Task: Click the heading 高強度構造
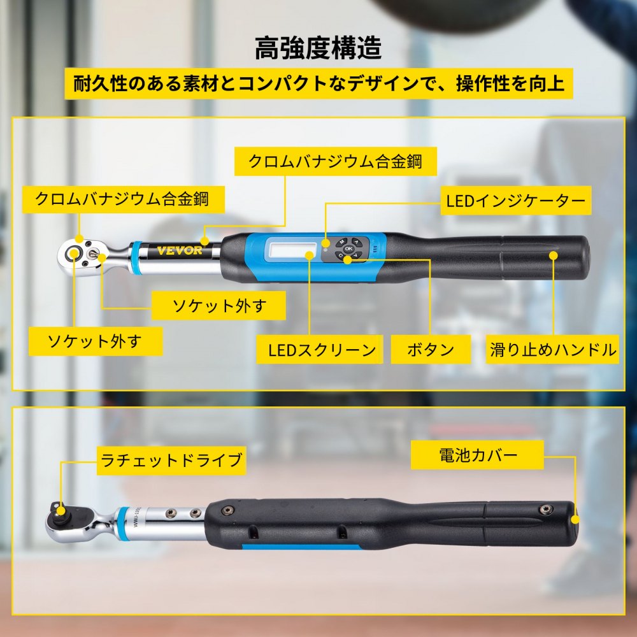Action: pyautogui.click(x=318, y=48)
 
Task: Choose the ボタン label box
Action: pyautogui.click(x=431, y=349)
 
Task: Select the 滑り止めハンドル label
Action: pyautogui.click(x=553, y=349)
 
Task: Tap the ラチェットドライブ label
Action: pyautogui.click(x=171, y=460)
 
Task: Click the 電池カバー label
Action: pyautogui.click(x=478, y=455)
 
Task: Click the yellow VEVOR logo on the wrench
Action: pyautogui.click(x=180, y=250)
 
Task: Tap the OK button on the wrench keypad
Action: pyautogui.click(x=348, y=248)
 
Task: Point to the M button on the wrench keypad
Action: pyautogui.click(x=341, y=242)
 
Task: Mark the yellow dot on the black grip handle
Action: pyautogui.click(x=553, y=255)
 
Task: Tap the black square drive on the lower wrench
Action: pyautogui.click(x=60, y=510)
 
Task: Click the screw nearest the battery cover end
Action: pyautogui.click(x=545, y=508)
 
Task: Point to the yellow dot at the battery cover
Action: pyautogui.click(x=575, y=519)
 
